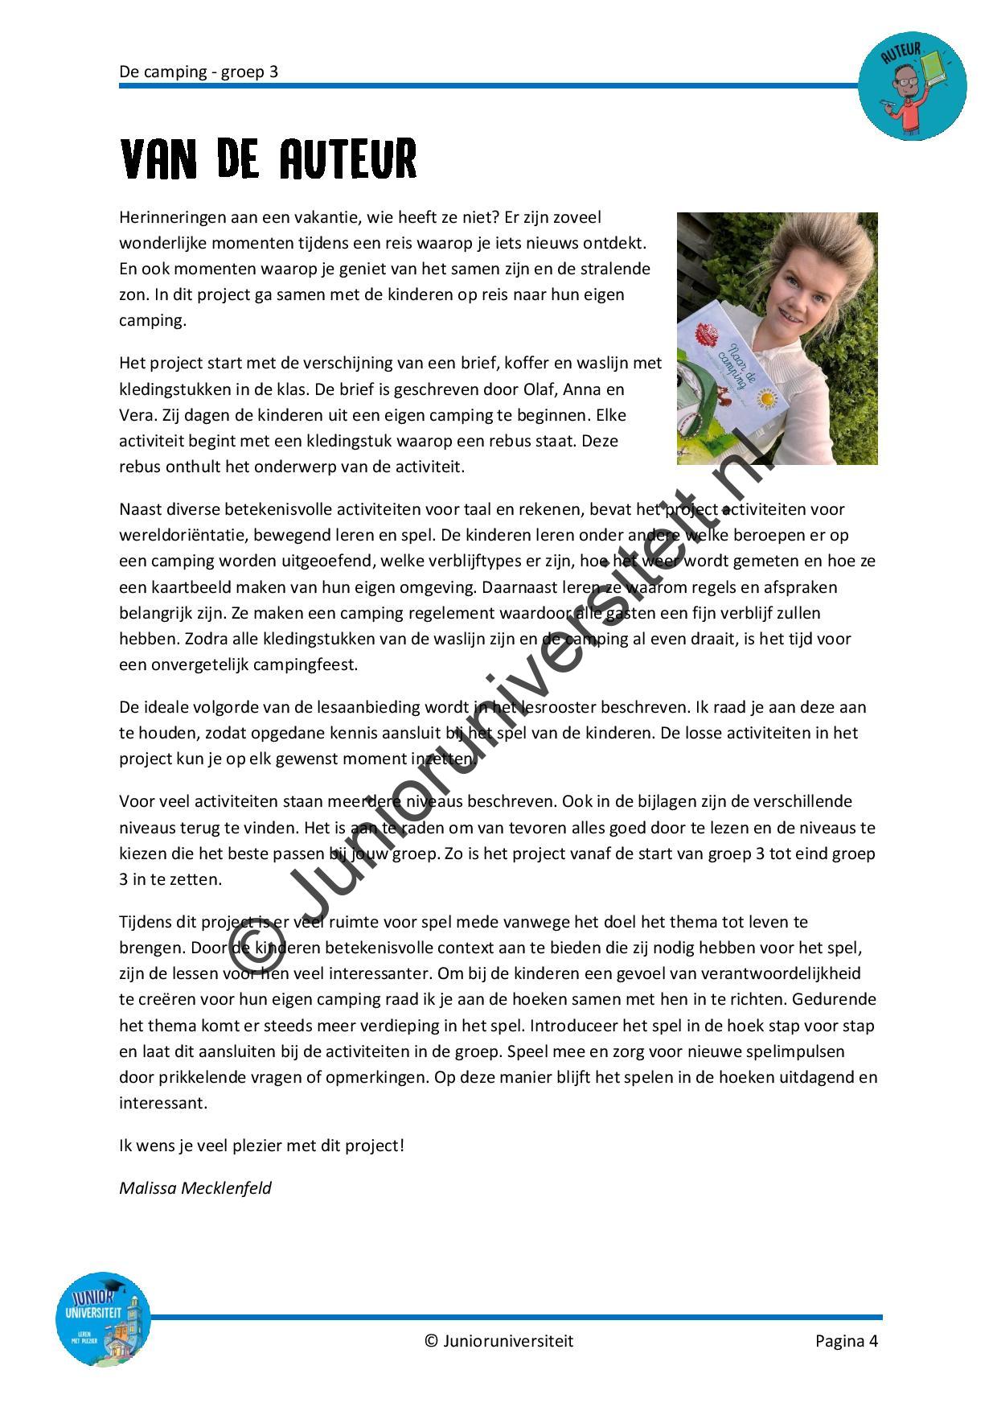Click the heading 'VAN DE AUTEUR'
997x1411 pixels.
pos(268,158)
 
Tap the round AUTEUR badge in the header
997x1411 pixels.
pos(912,86)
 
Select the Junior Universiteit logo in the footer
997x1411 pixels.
pos(103,1318)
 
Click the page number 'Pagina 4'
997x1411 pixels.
pos(846,1340)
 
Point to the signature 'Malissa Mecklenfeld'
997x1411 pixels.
pos(195,1187)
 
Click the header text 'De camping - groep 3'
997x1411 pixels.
pos(199,72)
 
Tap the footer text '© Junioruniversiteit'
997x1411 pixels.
pos(498,1340)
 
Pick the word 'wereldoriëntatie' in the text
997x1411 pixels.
pos(178,535)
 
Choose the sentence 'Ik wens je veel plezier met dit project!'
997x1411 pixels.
pos(262,1145)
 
